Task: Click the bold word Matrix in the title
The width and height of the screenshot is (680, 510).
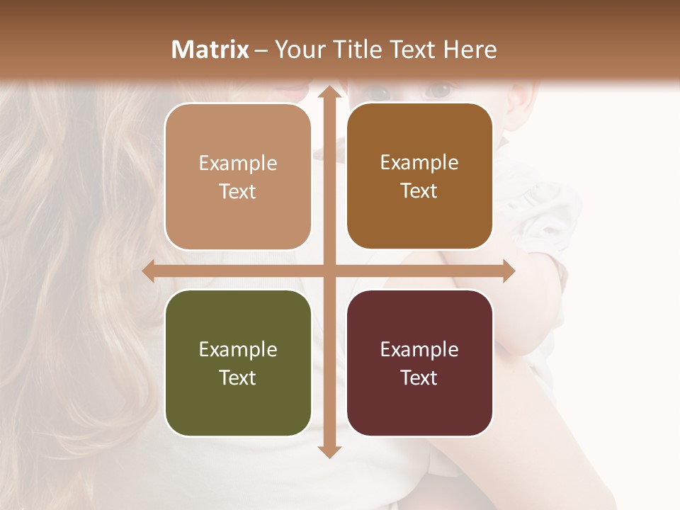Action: point(210,50)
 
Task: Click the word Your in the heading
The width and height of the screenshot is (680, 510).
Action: point(297,50)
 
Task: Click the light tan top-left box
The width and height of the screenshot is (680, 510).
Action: point(238,176)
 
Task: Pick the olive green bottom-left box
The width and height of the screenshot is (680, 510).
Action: point(238,363)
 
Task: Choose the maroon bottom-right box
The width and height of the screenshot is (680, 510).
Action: point(419,363)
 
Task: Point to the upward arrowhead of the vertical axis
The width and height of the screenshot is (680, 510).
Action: point(328,93)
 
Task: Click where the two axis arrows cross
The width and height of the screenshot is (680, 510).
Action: point(328,271)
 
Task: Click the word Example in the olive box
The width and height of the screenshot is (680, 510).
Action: point(238,349)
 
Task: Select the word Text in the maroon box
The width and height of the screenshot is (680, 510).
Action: point(419,378)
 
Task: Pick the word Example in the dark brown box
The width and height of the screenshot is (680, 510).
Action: point(419,162)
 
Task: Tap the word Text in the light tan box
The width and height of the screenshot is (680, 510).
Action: point(238,191)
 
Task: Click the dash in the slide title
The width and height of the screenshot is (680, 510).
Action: point(261,50)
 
